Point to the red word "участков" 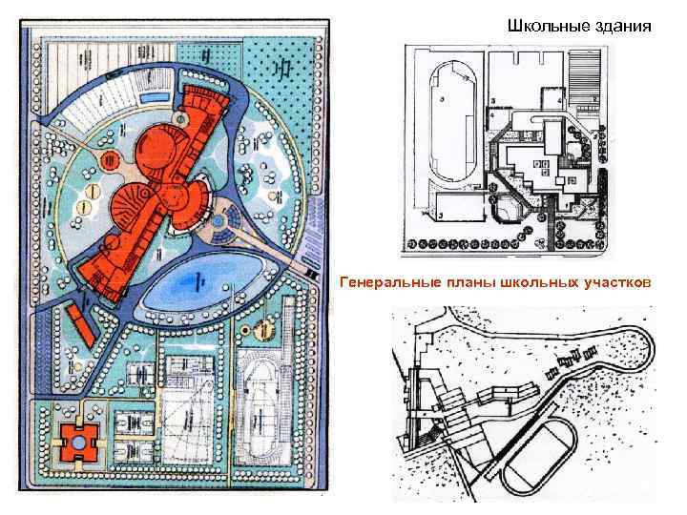pos(616,282)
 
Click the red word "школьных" pos(531,282)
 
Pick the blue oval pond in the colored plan pos(197,281)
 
